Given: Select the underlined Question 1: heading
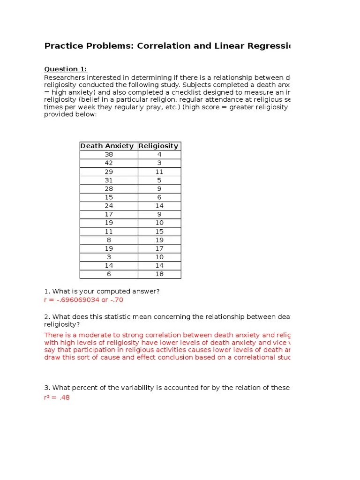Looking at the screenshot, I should (66, 69).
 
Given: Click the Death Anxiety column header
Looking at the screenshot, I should (107, 146).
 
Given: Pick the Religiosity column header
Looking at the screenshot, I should (158, 146).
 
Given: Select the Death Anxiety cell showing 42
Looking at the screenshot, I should (109, 163).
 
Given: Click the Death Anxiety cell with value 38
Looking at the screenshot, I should (109, 154).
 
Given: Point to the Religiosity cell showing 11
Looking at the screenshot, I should (159, 172).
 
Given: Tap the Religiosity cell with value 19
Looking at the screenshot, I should (159, 240).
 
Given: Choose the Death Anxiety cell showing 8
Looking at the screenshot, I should (109, 240).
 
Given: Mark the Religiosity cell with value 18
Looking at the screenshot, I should (159, 274).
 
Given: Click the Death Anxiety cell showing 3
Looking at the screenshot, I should (109, 257).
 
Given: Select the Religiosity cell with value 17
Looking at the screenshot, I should (159, 248).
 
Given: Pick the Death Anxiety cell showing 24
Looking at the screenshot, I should (109, 206).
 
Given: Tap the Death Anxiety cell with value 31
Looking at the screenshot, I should (109, 180).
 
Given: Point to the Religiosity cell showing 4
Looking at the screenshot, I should (159, 154).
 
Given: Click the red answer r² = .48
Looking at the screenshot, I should (57, 397).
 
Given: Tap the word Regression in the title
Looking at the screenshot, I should (268, 46).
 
